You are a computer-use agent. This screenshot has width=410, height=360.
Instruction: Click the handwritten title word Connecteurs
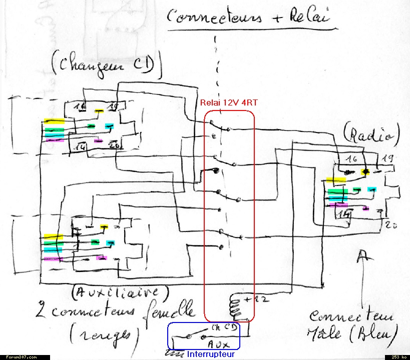pos(214,17)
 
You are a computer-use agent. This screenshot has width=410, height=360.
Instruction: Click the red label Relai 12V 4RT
pos(229,102)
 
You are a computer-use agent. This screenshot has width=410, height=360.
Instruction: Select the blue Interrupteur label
pos(211,354)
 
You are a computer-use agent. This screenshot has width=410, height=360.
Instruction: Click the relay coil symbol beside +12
pos(235,306)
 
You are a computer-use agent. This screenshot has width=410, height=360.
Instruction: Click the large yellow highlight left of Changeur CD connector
pos(55,121)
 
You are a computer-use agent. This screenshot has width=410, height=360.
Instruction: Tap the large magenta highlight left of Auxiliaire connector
pos(54,258)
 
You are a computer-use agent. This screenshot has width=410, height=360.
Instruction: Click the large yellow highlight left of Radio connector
pos(336,180)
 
